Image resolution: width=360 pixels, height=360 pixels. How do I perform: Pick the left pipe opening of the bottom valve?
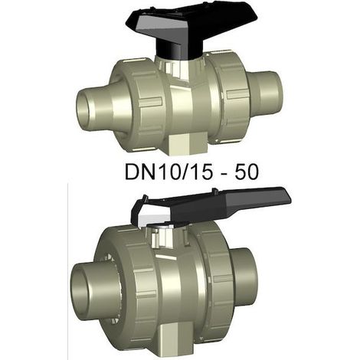(84, 286)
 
